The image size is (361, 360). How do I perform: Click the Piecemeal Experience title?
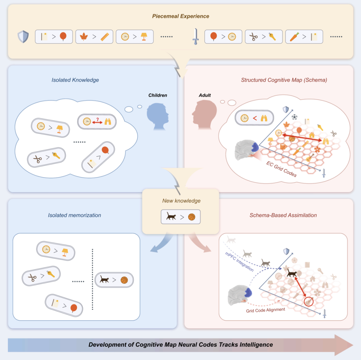pos(180,16)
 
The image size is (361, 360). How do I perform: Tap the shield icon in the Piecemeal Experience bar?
pos(23,36)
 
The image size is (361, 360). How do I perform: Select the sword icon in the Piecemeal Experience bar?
pos(195,37)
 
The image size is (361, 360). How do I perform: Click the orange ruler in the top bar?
pos(105,36)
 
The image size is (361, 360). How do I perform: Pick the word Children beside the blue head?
pos(158,95)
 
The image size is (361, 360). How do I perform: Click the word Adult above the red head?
pos(205,95)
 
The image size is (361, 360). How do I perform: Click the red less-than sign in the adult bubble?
pos(255,118)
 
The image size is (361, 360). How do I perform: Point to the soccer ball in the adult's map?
pos(294,117)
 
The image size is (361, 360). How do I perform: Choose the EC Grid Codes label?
pos(281,168)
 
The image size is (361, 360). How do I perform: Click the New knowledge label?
pos(181,201)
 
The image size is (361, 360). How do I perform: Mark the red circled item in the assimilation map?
pos(309,302)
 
